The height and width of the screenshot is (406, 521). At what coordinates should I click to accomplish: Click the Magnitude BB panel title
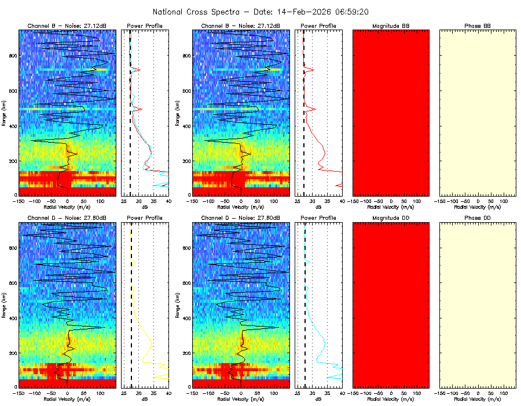391,26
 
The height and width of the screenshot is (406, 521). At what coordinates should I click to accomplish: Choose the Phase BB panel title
478,26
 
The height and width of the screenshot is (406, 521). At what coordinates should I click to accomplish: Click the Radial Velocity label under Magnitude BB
391,206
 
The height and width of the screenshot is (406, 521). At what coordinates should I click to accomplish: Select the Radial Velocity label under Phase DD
478,399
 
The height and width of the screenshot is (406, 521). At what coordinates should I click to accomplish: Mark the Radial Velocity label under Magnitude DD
391,399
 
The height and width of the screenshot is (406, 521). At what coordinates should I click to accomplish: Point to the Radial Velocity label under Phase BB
478,206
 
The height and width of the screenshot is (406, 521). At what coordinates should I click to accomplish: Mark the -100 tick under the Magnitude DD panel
365,393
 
